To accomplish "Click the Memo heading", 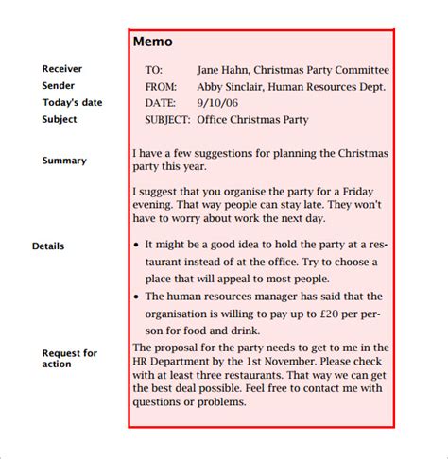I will coord(152,42).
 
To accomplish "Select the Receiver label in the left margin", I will coord(62,69).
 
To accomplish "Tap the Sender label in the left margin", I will coord(60,86).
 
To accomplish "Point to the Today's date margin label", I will coord(72,103).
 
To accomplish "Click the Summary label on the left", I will coord(64,161).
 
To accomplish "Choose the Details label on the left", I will coord(48,246).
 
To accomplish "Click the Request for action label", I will coord(69,359).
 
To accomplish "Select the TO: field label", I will coord(154,70).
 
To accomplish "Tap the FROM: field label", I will coord(161,87).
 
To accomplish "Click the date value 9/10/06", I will coord(217,103).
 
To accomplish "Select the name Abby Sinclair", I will coord(230,87).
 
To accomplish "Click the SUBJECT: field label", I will coord(168,120).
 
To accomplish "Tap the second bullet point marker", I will coord(138,297).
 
